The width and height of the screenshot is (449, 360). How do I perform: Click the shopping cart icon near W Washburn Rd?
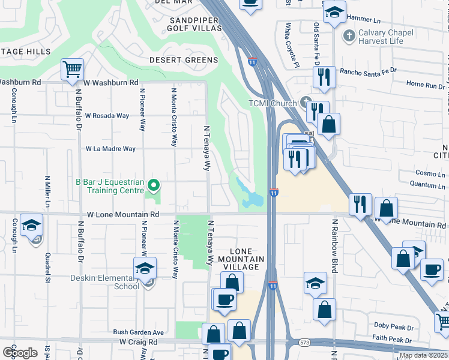click(x=71, y=70)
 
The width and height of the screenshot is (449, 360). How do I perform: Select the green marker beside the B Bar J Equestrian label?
click(x=154, y=185)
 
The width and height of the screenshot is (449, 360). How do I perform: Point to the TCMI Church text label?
click(x=273, y=103)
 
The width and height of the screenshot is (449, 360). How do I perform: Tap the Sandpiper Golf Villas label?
click(x=192, y=25)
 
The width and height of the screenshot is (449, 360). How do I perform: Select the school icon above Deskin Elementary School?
click(x=145, y=268)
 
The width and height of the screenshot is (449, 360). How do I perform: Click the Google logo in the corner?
click(x=20, y=353)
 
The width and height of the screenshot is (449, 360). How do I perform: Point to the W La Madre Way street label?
click(x=111, y=149)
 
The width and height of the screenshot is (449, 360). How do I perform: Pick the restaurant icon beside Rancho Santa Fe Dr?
click(x=322, y=77)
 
